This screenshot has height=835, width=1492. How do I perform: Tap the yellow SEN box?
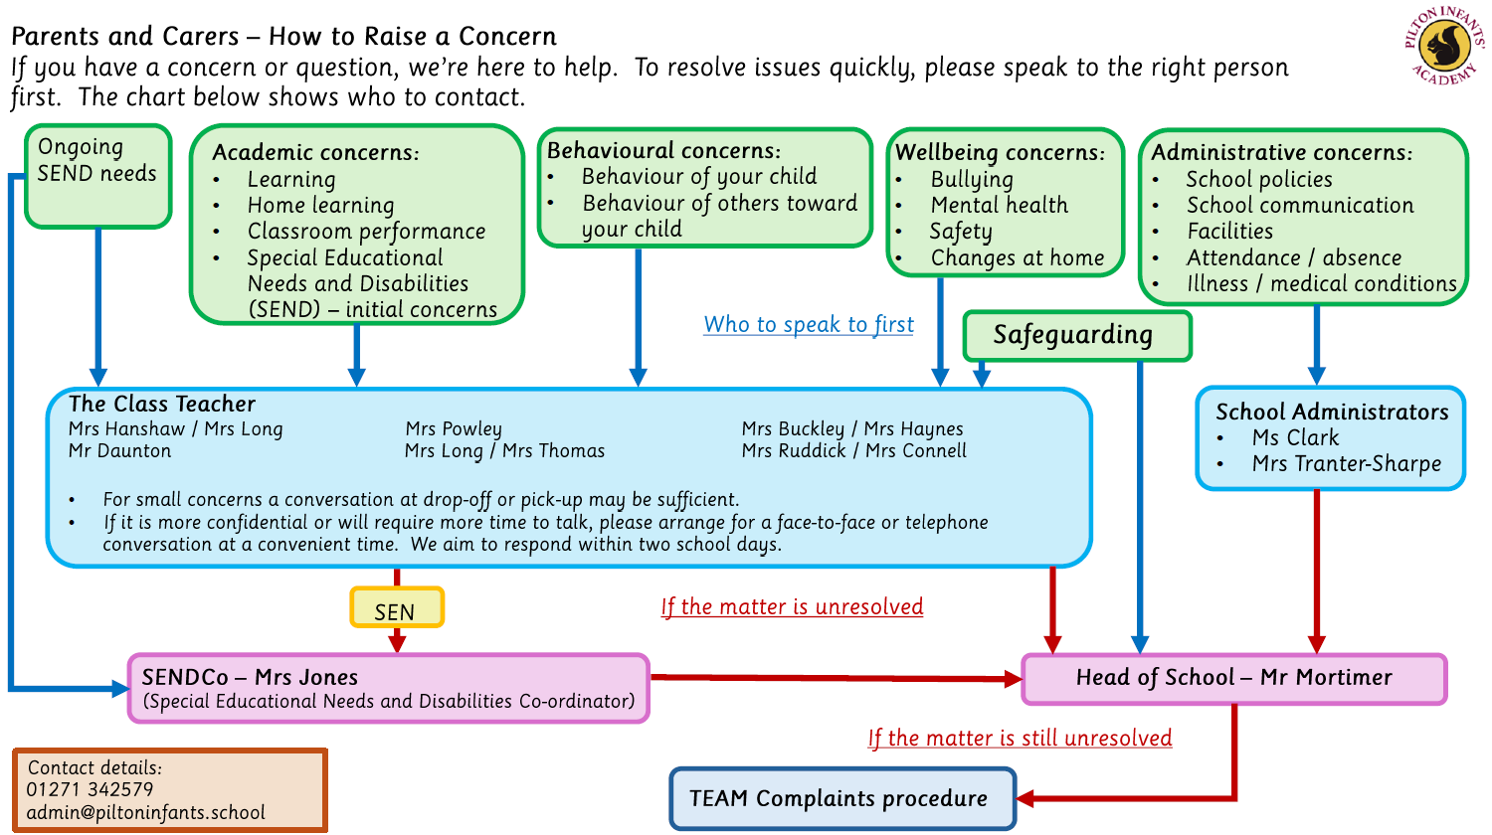pyautogui.click(x=396, y=608)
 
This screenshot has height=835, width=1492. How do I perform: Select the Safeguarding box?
pyautogui.click(x=1075, y=335)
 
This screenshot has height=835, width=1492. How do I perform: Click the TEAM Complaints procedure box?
pyautogui.click(x=841, y=798)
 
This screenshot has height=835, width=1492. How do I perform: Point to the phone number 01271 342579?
pyautogui.click(x=91, y=789)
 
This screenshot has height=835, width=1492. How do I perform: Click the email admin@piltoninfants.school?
pyautogui.click(x=146, y=812)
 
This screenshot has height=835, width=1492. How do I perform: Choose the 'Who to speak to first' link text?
pyautogui.click(x=809, y=324)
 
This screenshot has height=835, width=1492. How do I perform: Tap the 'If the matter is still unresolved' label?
pyautogui.click(x=1020, y=738)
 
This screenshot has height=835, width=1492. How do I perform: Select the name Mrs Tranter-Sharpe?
pyautogui.click(x=1346, y=463)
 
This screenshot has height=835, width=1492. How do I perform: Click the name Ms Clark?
pyautogui.click(x=1295, y=437)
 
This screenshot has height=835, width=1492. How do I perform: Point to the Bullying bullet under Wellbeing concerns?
pyautogui.click(x=972, y=179)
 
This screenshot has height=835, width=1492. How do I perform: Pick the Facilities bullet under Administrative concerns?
pyautogui.click(x=1229, y=231)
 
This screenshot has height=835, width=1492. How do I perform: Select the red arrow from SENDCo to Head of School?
pyautogui.click(x=836, y=679)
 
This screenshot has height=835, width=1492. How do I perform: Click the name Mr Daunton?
pyautogui.click(x=119, y=450)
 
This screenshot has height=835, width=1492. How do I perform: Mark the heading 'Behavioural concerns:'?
pyautogui.click(x=663, y=150)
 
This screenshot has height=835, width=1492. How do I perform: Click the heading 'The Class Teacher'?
pyautogui.click(x=162, y=404)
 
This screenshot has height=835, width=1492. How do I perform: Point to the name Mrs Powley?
pyautogui.click(x=454, y=428)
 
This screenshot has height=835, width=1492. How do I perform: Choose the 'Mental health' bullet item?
pyautogui.click(x=999, y=205)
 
